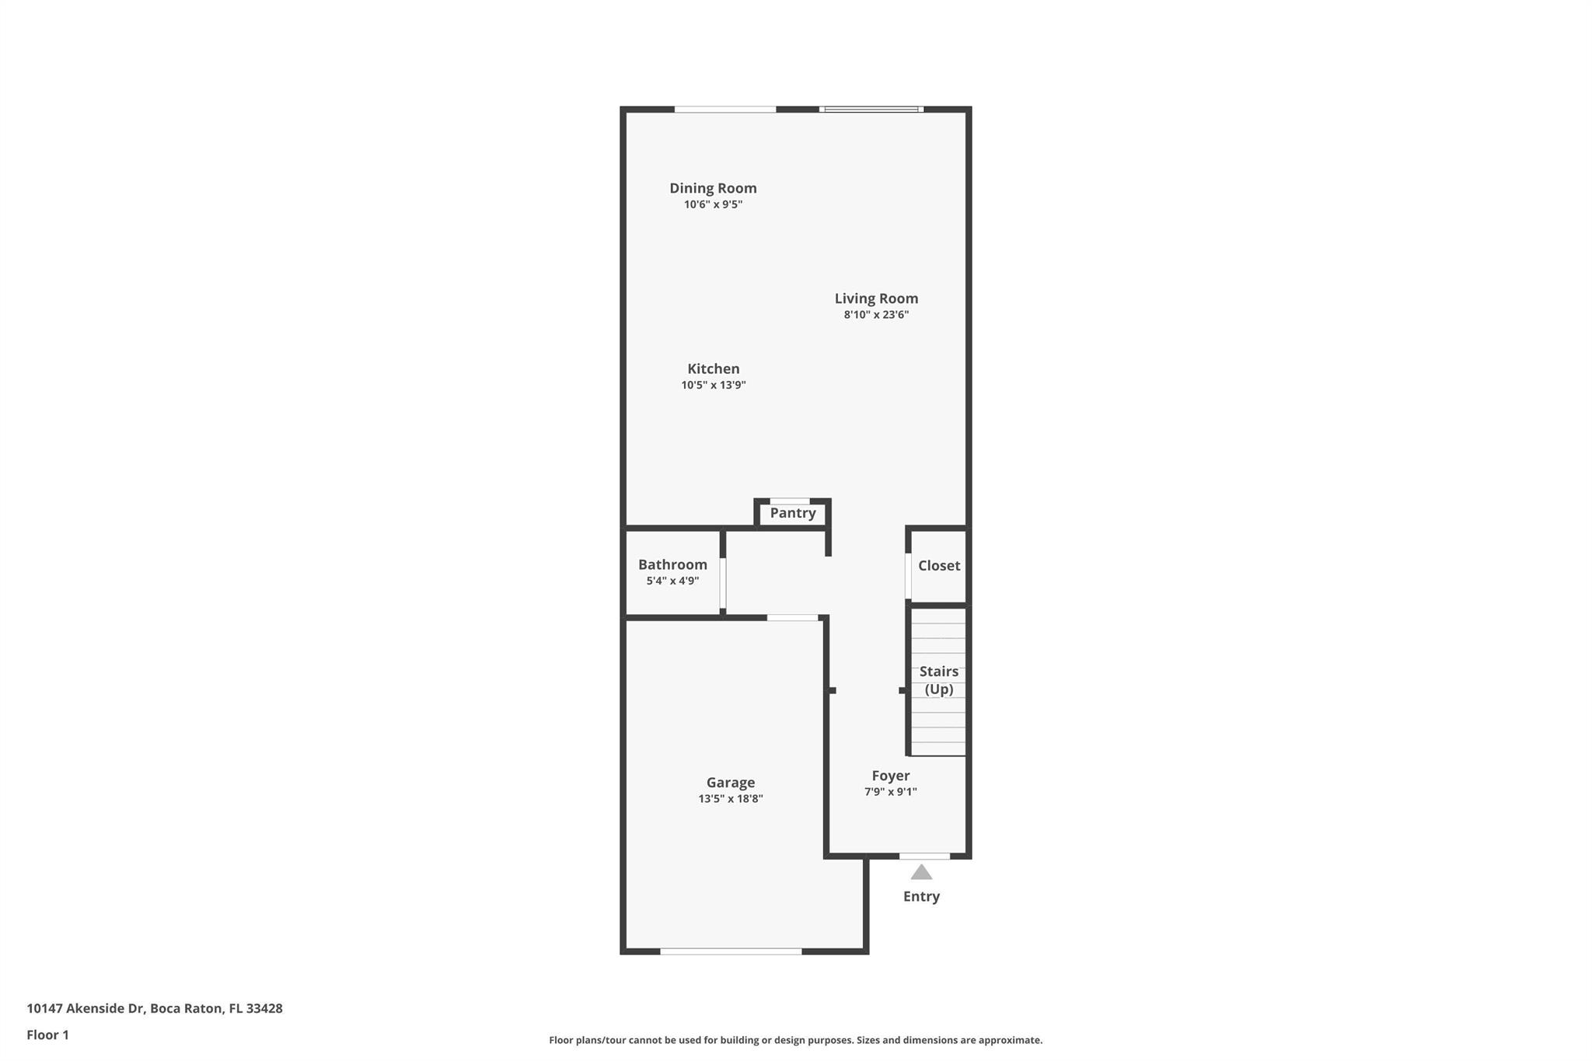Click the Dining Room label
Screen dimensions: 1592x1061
pos(713,188)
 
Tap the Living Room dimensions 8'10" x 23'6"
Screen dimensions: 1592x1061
pos(876,315)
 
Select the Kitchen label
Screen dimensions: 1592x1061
pos(714,368)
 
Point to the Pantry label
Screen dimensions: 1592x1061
pos(793,513)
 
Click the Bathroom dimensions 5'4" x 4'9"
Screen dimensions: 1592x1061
pos(672,581)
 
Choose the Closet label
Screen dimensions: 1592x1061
pos(939,565)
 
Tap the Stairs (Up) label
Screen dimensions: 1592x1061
pos(939,680)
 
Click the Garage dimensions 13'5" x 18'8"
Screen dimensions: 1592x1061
pos(731,798)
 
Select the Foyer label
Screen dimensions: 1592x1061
pos(891,775)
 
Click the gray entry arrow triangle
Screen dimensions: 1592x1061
pos(921,872)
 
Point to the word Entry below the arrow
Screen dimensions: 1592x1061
pos(921,896)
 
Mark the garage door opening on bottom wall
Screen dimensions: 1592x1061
pos(731,951)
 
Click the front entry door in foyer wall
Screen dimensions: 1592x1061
pos(924,856)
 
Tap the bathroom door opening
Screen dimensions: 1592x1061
pos(723,583)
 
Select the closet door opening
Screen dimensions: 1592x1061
pos(908,576)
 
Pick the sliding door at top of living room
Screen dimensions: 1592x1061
pos(871,110)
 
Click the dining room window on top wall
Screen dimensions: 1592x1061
pos(725,110)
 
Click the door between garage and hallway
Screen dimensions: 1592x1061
pos(793,618)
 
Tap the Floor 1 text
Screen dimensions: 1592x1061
pos(48,1035)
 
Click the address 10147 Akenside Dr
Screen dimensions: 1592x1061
pos(86,1008)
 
